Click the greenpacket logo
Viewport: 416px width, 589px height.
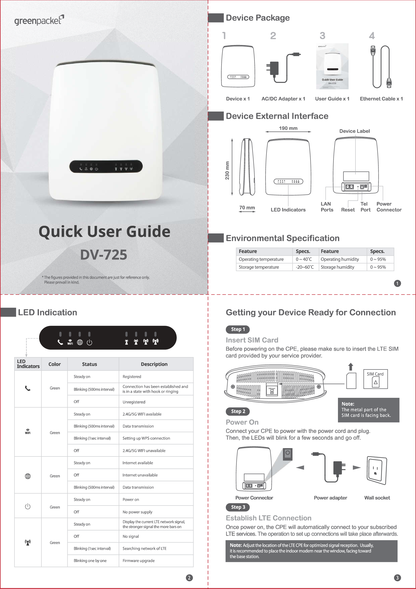tap(39, 20)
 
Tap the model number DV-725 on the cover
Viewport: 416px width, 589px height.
tap(104, 255)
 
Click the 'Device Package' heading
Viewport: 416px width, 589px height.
tap(257, 18)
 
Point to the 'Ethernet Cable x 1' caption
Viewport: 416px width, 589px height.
tap(381, 99)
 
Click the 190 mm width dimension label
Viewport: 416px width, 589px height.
tap(288, 128)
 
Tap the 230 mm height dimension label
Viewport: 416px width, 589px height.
tap(227, 170)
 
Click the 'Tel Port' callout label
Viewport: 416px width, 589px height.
tap(365, 207)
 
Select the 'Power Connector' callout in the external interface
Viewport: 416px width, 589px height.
tap(388, 207)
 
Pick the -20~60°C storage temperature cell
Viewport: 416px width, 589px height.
tap(305, 267)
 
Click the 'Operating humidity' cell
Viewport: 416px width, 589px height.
tap(339, 259)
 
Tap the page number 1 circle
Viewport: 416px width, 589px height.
tap(397, 283)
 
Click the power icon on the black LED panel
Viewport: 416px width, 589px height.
tap(89, 342)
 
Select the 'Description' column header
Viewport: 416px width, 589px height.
tap(154, 364)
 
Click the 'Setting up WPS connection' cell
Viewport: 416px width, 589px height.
tap(146, 438)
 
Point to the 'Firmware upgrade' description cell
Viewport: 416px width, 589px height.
tap(138, 560)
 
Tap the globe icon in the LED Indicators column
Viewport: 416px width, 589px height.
tap(28, 476)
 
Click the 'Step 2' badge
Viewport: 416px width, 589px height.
tap(238, 411)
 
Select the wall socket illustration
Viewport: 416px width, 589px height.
tap(377, 470)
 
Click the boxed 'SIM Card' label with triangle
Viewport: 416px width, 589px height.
tap(375, 379)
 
